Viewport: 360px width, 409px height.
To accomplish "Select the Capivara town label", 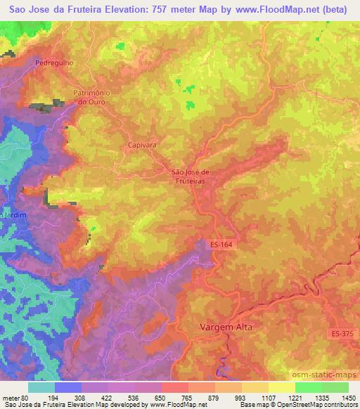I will click(x=141, y=145).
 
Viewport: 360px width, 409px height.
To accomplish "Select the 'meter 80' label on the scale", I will click(x=15, y=396).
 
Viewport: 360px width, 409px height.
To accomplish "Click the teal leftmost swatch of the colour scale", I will click(x=41, y=387).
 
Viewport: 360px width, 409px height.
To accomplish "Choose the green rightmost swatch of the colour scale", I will click(x=335, y=387).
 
